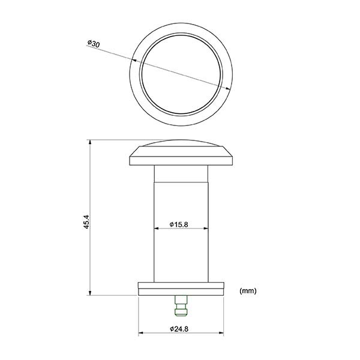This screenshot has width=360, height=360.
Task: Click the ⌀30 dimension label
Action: tap(94, 44)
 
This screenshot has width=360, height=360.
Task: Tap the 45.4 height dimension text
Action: tap(86, 221)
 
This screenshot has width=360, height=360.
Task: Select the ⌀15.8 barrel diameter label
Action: tap(179, 224)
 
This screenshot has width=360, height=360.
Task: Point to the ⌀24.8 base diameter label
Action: tap(179, 329)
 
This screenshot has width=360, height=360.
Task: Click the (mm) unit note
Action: tap(248, 290)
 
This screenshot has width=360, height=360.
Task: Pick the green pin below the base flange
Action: tap(181, 305)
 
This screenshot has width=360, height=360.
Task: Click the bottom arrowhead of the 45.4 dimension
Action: tap(90, 293)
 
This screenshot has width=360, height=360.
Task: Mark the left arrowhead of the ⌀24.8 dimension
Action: tap(141, 332)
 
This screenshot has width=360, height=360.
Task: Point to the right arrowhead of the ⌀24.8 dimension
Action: tap(221, 332)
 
